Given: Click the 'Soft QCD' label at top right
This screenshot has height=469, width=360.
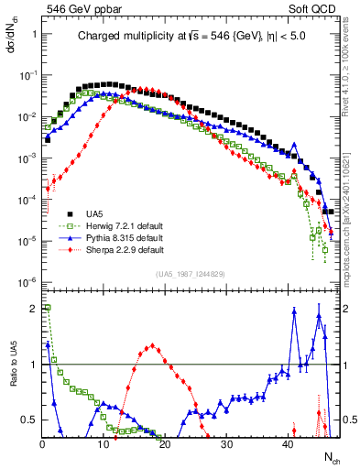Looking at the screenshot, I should click(x=313, y=8).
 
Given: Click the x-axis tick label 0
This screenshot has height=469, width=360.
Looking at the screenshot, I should click(x=42, y=444).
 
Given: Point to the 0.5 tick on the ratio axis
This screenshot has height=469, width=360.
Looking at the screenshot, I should click(x=27, y=420).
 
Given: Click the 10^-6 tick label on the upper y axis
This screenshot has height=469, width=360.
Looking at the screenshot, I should click(x=27, y=281).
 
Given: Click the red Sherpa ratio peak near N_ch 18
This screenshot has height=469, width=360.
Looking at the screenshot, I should click(x=151, y=346).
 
